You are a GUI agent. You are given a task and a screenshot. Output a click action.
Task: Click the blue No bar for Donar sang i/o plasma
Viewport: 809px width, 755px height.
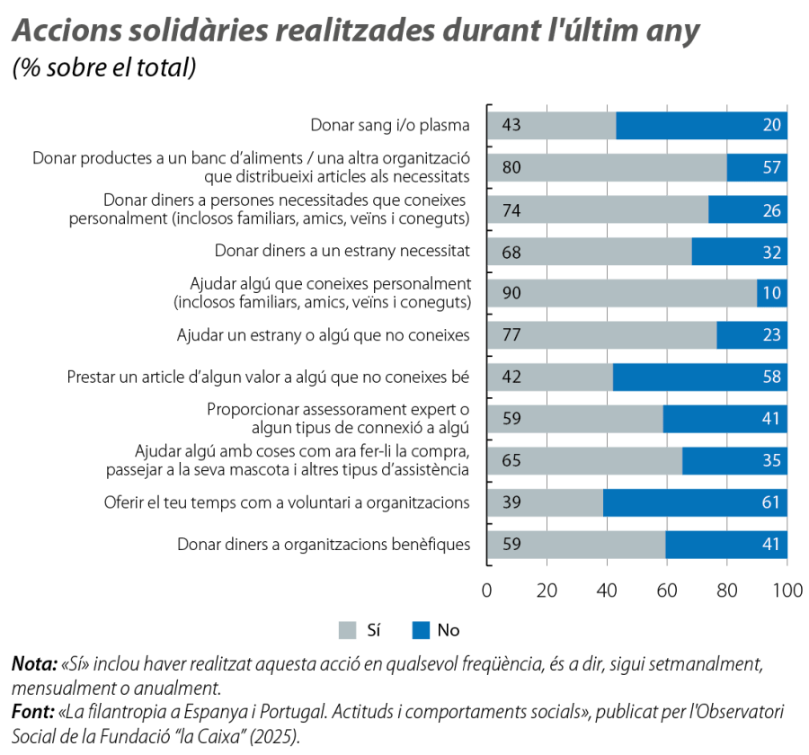[701, 125]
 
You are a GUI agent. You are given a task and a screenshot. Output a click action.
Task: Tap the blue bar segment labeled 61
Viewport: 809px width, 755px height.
[695, 502]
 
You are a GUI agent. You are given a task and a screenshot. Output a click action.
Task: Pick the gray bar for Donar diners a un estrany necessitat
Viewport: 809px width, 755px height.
[589, 252]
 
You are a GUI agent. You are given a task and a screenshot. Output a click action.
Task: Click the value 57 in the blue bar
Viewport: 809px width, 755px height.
[771, 167]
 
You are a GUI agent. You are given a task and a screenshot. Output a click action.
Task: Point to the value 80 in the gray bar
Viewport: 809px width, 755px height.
[511, 167]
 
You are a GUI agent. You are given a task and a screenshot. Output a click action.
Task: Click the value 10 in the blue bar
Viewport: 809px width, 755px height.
[771, 293]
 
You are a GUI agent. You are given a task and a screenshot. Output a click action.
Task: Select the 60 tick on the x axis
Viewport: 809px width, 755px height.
[667, 591]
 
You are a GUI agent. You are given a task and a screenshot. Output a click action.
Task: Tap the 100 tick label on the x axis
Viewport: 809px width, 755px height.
[787, 591]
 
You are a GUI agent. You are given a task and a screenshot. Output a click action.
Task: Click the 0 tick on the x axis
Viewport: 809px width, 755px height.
[487, 591]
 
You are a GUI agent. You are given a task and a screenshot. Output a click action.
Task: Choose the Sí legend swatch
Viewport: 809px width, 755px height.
[347, 631]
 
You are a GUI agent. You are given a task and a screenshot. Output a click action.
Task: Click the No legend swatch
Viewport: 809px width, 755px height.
[420, 631]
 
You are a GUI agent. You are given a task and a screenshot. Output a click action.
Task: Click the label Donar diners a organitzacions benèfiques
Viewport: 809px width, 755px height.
[324, 545]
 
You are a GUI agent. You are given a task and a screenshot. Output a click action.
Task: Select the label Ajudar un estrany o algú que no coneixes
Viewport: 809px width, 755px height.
[324, 336]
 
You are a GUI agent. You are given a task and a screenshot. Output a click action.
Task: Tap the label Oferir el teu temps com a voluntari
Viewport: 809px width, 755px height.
[287, 502]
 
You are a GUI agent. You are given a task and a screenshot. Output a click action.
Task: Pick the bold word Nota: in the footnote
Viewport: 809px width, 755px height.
[32, 666]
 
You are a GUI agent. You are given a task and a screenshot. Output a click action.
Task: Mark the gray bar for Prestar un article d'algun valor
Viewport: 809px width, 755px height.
[549, 377]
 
